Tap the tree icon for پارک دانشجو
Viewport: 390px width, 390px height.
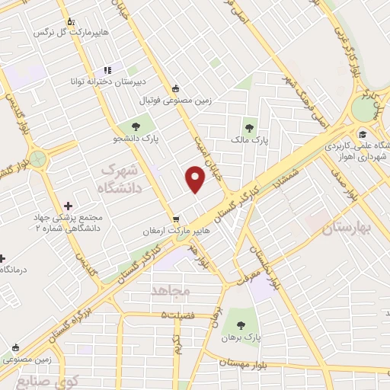pyautogui.click(x=136, y=127)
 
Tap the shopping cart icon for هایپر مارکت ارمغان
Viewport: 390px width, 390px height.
pyautogui.click(x=175, y=217)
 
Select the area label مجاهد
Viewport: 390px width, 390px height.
pyautogui.click(x=170, y=291)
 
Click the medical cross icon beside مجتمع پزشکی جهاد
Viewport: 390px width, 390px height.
pyautogui.click(x=69, y=206)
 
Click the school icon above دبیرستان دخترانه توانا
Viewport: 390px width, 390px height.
pyautogui.click(x=108, y=69)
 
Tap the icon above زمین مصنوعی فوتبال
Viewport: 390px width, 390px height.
pyautogui.click(x=176, y=88)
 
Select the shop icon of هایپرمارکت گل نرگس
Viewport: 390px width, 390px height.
pyautogui.click(x=71, y=22)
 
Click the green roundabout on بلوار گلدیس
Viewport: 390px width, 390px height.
pyautogui.click(x=36, y=160)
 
